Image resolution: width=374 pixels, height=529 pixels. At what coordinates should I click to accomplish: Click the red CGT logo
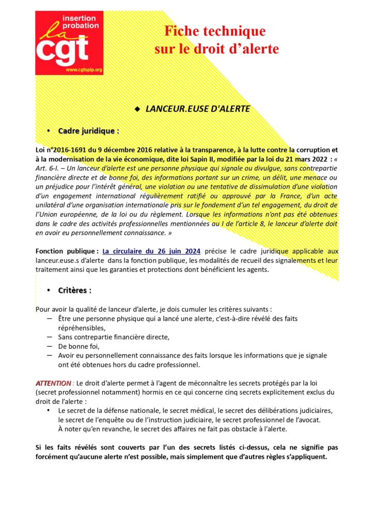point(69,43)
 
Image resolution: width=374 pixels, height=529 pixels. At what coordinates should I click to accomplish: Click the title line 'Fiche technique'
point(215,32)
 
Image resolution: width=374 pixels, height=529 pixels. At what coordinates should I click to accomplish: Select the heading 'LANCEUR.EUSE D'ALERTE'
point(198,109)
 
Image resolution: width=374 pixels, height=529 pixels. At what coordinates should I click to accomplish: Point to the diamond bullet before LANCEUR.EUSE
point(137,109)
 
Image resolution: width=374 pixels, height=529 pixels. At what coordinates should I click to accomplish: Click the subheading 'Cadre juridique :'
point(89,131)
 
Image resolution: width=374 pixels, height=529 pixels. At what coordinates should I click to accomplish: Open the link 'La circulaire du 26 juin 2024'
point(151,252)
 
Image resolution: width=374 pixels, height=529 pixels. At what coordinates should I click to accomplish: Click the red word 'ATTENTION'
point(53,383)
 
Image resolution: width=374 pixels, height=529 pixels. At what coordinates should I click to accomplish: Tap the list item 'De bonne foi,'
point(79,346)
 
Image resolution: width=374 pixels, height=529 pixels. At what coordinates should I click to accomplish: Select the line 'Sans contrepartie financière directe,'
point(106,337)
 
